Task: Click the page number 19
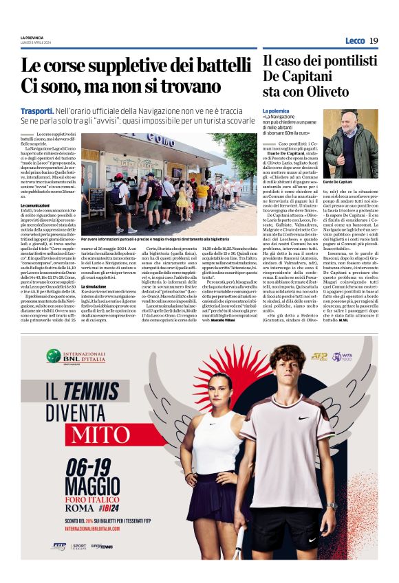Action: click(374, 41)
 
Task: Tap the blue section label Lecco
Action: click(355, 41)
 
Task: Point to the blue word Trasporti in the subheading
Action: click(37, 110)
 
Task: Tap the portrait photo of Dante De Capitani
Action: click(350, 144)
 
